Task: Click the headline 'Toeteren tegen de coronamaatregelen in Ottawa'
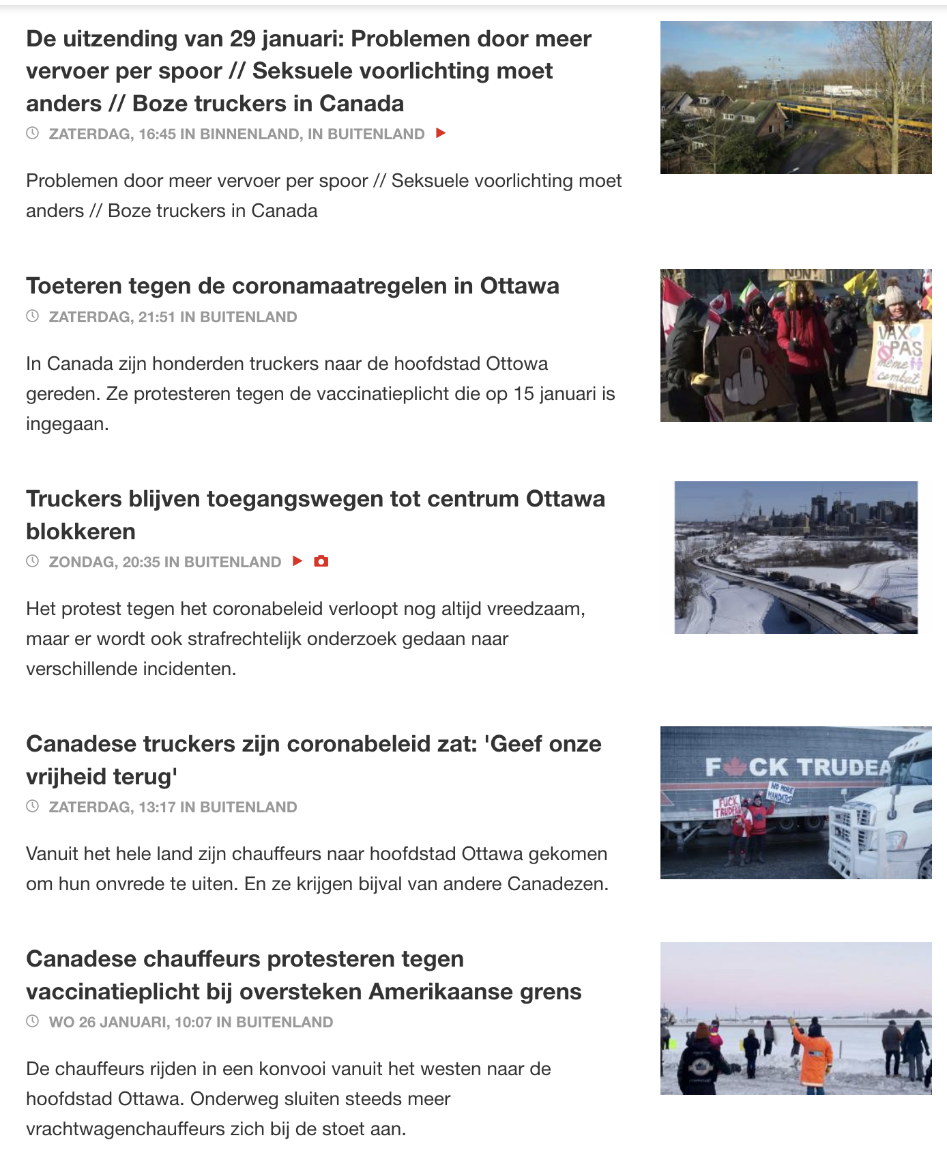(x=292, y=286)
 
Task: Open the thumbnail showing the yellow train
(x=796, y=98)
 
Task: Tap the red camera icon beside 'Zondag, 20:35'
(x=321, y=561)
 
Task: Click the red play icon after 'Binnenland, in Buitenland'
(x=441, y=133)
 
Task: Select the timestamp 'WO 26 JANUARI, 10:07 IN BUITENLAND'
(x=190, y=1022)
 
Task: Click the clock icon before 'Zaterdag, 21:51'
(x=32, y=316)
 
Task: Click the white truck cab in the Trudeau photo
(x=880, y=812)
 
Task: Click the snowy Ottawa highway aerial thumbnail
(x=796, y=558)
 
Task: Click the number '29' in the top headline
(x=242, y=39)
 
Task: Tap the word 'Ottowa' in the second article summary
(x=516, y=363)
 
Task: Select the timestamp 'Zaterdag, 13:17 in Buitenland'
(x=173, y=807)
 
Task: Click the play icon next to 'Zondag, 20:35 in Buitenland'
(x=297, y=561)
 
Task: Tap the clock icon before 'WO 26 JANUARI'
(x=32, y=1021)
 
